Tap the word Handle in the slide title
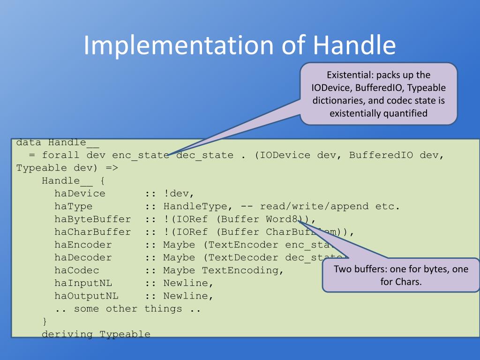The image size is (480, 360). [354, 45]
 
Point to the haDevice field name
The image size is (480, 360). [80, 193]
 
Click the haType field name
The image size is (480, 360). [73, 206]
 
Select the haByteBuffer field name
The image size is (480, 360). [92, 219]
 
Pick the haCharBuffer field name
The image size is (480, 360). [92, 232]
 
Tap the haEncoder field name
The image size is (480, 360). [83, 245]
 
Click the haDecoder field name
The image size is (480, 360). [83, 257]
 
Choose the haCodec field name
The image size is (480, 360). [76, 270]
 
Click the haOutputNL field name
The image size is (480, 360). [86, 296]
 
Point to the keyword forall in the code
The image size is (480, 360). [60, 155]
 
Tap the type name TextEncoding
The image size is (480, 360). [240, 270]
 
